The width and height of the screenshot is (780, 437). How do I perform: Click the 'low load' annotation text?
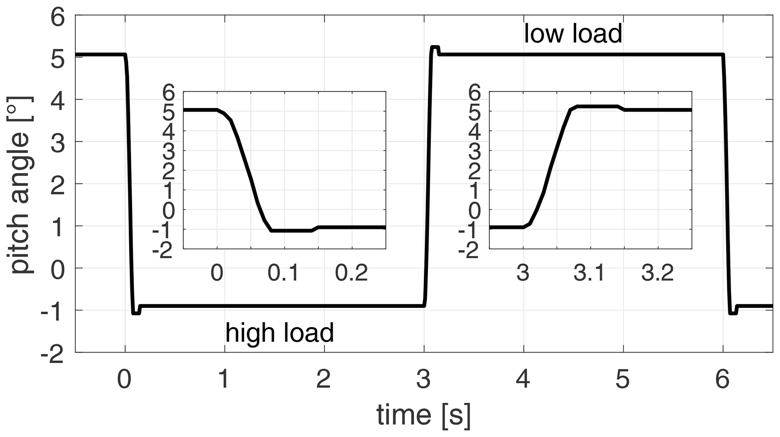point(573,34)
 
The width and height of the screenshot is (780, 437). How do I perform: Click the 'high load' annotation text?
point(280,333)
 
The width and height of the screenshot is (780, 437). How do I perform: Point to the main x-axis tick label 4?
point(523,379)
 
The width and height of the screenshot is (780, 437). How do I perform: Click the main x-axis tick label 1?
point(224,379)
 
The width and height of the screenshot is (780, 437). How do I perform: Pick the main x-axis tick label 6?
point(722,379)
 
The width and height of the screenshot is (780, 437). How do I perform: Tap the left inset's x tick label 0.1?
point(284,273)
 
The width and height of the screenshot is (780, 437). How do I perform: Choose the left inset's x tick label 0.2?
point(351,273)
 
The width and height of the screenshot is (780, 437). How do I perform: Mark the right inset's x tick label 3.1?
point(589,273)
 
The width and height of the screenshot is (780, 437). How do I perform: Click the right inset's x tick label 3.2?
point(657,273)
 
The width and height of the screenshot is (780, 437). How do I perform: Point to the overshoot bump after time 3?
point(435,48)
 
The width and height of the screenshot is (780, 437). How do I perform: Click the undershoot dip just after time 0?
point(136,313)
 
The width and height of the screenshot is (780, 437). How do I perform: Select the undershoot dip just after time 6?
point(733,313)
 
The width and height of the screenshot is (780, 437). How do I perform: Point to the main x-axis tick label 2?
point(324,379)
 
